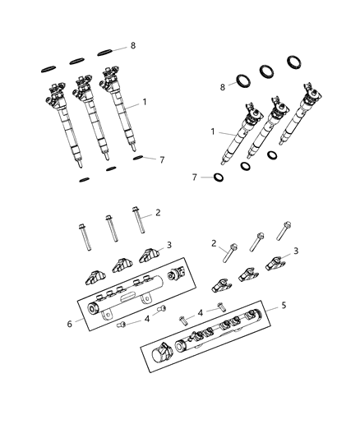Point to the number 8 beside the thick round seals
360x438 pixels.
pos(222,85)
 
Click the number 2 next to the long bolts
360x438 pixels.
pos(159,213)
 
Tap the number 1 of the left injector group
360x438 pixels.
pos(145,102)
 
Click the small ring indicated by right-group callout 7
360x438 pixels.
pos(219,177)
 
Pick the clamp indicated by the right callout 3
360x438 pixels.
pos(276,264)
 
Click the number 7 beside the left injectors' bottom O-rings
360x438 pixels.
pos(161,159)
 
